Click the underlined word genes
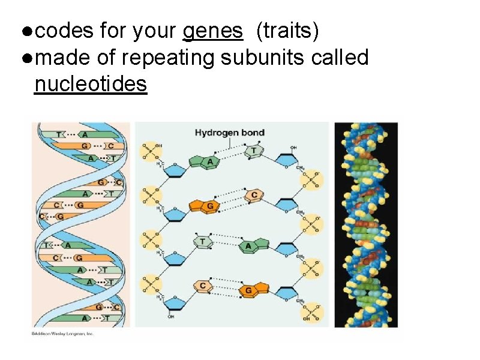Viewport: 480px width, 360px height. pyautogui.click(x=213, y=31)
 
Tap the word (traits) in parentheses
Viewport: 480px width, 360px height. pyautogui.click(x=287, y=31)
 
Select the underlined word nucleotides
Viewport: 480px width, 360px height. pyautogui.click(x=91, y=85)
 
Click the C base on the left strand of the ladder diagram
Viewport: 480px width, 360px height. pyautogui.click(x=203, y=286)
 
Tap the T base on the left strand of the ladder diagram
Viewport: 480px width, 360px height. pyautogui.click(x=202, y=241)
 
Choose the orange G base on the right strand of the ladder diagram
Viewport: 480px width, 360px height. pyautogui.click(x=248, y=290)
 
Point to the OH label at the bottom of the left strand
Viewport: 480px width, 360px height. pyautogui.click(x=170, y=317)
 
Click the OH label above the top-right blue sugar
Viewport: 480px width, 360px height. pyautogui.click(x=293, y=147)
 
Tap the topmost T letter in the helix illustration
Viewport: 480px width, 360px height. pyautogui.click(x=59, y=135)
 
